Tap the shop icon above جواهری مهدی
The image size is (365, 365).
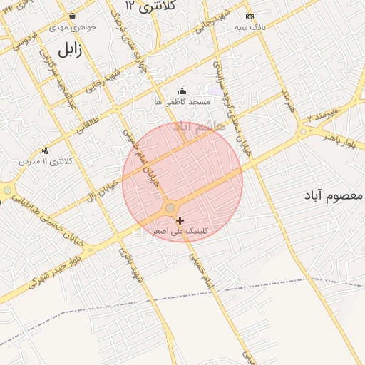click(71, 16)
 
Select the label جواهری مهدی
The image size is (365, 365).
click(71, 27)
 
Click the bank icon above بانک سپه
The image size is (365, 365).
click(250, 16)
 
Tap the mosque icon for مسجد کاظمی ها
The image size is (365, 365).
click(182, 91)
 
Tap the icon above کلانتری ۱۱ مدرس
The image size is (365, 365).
click(46, 150)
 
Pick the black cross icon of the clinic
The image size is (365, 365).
click(180, 220)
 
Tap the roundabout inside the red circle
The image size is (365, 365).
click(170, 207)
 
